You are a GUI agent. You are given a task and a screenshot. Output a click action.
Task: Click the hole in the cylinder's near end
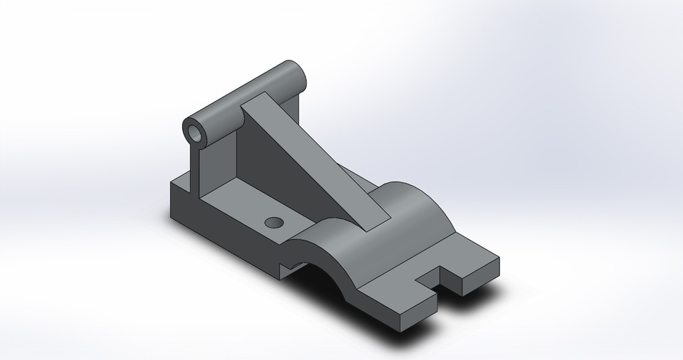click(x=195, y=132)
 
